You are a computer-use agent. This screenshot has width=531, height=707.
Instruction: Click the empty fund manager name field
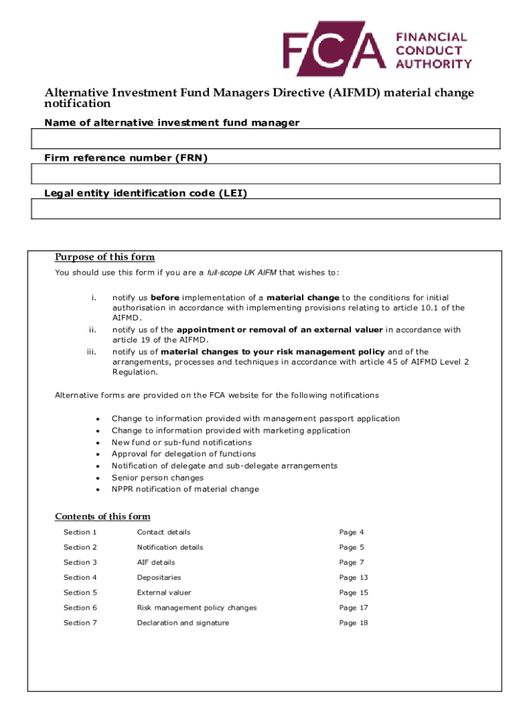click(265, 139)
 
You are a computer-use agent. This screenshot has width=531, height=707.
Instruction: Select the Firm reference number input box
click(265, 174)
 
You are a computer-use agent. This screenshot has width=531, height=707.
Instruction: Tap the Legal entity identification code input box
click(265, 209)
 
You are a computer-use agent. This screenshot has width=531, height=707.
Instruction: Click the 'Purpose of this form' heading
click(105, 258)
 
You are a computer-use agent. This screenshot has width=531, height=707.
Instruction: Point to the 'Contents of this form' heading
click(102, 516)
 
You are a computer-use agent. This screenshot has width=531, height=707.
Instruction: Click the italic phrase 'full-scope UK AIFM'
click(239, 272)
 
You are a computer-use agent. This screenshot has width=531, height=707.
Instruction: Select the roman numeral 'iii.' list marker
click(91, 351)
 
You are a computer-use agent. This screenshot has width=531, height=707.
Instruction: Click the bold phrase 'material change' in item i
click(303, 298)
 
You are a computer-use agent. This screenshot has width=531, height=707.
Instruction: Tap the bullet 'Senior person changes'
click(157, 478)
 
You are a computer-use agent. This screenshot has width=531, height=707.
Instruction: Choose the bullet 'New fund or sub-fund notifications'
click(181, 443)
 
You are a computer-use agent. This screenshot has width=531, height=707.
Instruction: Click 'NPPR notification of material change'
click(185, 490)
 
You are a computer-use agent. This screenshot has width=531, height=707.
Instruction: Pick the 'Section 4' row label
click(80, 577)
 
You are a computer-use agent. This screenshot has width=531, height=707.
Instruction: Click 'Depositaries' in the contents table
click(159, 577)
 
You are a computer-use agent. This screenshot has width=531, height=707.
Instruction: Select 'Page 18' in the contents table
click(353, 623)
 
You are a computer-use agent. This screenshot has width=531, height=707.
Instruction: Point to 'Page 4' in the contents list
click(351, 532)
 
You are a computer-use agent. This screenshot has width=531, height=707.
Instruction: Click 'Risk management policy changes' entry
click(197, 608)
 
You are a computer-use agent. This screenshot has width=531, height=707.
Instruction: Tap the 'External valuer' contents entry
click(164, 592)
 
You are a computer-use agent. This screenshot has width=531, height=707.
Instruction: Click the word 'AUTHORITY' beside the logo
click(434, 64)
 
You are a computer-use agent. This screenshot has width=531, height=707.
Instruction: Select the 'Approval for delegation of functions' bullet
click(183, 454)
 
